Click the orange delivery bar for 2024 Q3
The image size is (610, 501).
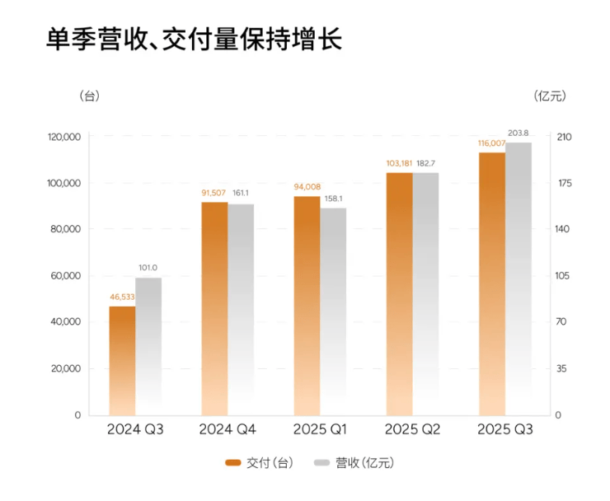tap(122, 360)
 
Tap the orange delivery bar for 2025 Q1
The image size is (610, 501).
tap(307, 305)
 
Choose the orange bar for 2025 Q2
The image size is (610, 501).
tap(399, 293)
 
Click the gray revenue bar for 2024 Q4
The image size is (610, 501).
tap(241, 309)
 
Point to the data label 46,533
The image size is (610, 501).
tap(122, 297)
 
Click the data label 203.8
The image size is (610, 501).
tap(518, 133)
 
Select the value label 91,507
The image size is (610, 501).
tap(214, 194)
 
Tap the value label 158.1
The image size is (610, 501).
tap(333, 199)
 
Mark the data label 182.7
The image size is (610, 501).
tap(425, 163)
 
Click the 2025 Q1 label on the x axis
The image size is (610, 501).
tap(320, 430)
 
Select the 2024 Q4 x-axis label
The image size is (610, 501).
tap(228, 430)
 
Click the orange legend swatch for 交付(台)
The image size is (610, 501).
tap(232, 463)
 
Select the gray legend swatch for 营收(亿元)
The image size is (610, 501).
tap(321, 463)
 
